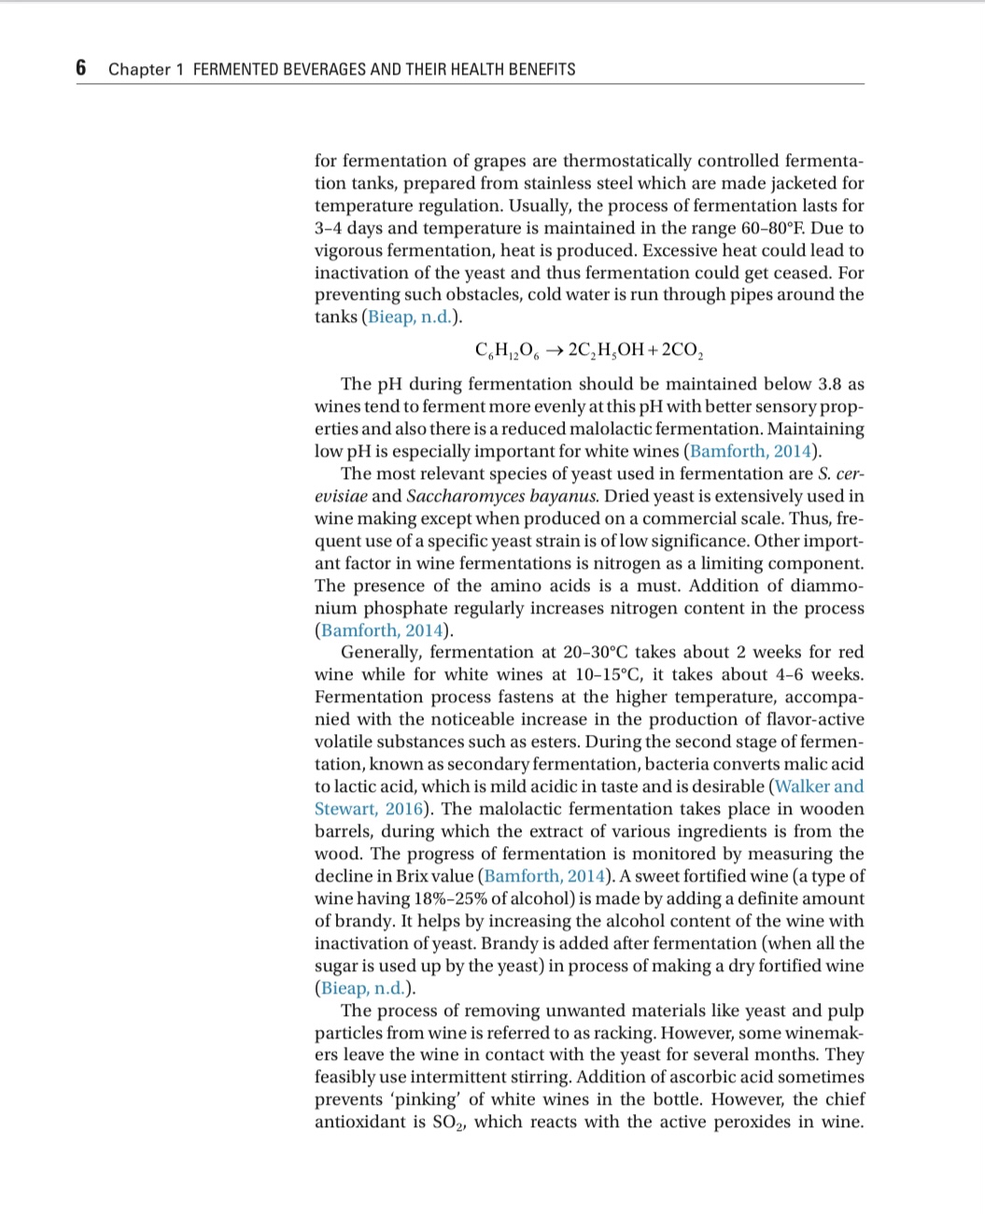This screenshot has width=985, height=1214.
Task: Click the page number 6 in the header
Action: (x=81, y=67)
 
